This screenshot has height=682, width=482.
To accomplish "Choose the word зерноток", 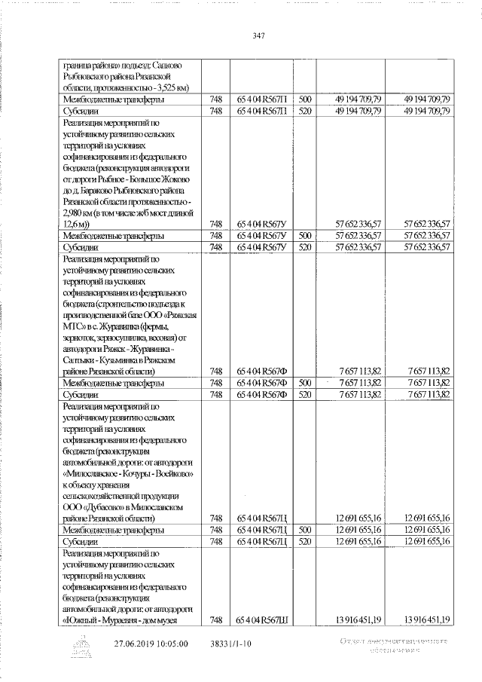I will click(x=84, y=337).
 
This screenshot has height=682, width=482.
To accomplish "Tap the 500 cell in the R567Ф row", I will click(x=305, y=382).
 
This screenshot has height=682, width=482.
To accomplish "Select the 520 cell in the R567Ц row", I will click(x=305, y=541).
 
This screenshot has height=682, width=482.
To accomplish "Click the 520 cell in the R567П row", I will click(x=305, y=111).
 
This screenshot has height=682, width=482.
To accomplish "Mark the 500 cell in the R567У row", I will click(x=305, y=235).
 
